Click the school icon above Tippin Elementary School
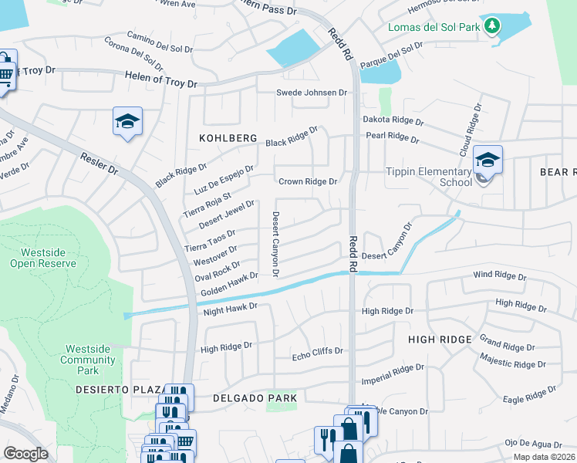pos(488,160)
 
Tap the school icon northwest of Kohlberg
pos(128,121)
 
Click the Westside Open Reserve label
pos(43,258)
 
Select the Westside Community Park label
pos(87,360)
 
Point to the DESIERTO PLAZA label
pos(119,390)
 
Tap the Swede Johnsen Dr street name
pos(312,93)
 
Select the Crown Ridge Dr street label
pos(308,181)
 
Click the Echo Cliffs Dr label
pos(317,352)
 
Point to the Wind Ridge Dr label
pos(499,276)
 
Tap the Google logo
pos(25,453)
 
